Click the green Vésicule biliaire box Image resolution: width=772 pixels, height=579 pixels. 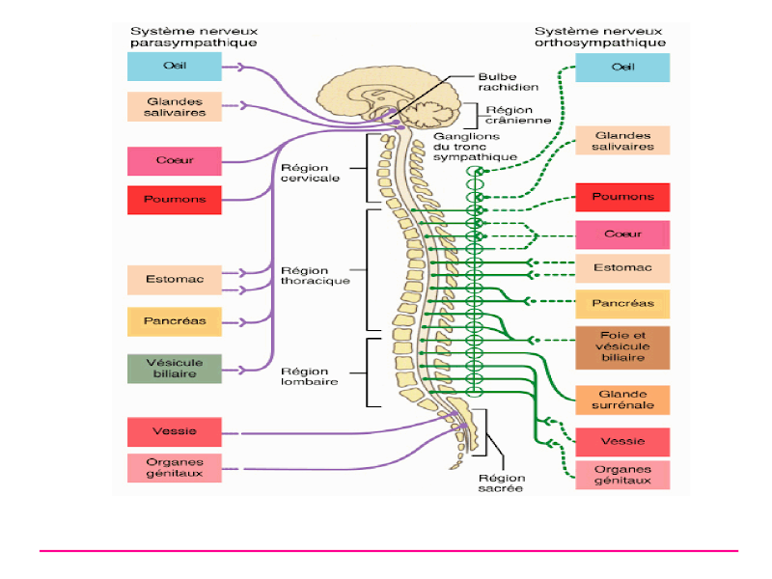(x=175, y=369)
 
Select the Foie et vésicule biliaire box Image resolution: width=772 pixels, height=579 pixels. (x=622, y=347)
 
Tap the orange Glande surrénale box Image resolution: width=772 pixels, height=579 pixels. (x=622, y=400)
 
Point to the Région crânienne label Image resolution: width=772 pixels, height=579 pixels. (x=518, y=115)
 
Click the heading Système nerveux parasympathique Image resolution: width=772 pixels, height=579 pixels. (x=194, y=36)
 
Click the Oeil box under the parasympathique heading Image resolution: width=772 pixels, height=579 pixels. (x=175, y=67)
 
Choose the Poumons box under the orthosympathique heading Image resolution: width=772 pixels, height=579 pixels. (x=622, y=197)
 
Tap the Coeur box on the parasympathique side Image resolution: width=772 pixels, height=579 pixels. (x=175, y=160)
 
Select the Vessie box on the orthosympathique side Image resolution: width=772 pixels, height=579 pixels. (x=622, y=441)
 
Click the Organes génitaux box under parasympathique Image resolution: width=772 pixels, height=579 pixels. (x=175, y=467)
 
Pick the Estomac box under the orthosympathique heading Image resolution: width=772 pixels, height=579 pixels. (x=622, y=268)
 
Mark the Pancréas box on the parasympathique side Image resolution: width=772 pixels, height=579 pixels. (x=175, y=321)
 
